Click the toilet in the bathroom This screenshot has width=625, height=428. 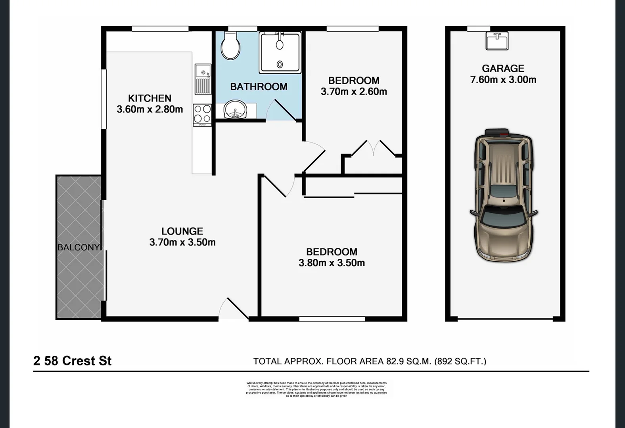tap(230, 46)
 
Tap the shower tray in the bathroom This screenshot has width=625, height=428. tap(280, 53)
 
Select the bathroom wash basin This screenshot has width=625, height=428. tap(235, 110)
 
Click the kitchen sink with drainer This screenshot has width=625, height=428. tap(203, 79)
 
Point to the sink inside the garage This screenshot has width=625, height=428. tap(497, 41)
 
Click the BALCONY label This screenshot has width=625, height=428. tap(79, 247)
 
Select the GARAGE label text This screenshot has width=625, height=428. tap(503, 69)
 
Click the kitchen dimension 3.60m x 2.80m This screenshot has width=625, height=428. tap(150, 109)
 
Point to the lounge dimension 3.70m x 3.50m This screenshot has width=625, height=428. tap(182, 242)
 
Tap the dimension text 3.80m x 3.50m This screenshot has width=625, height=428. tap(332, 263)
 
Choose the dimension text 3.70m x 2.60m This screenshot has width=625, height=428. tap(354, 92)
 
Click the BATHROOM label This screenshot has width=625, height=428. tap(259, 86)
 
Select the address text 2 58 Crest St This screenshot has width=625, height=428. tap(73, 361)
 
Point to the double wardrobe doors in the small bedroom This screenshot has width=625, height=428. tap(373, 149)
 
